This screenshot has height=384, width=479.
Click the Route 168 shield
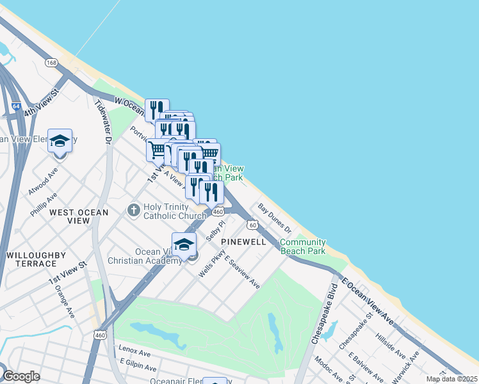point(51,63)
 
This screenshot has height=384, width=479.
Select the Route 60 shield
point(254,225)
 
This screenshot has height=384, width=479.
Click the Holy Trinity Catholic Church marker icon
point(133,209)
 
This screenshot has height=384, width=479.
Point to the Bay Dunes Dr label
point(275,218)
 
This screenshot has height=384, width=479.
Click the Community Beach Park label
point(302,246)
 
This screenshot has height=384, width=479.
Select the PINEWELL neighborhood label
point(243,242)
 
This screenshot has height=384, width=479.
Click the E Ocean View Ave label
point(369,300)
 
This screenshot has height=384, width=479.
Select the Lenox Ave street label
point(134,353)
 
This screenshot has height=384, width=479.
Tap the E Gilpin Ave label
point(137,365)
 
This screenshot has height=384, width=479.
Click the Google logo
point(22,376)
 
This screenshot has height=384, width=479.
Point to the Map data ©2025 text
point(451,379)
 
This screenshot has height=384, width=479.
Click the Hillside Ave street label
point(391,345)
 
